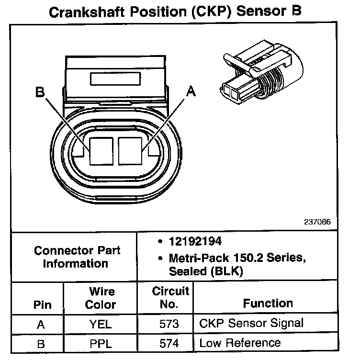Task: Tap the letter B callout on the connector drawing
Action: click(41, 92)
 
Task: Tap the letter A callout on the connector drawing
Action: click(191, 91)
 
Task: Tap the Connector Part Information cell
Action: click(77, 257)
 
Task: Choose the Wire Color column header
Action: click(101, 298)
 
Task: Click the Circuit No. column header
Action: click(170, 297)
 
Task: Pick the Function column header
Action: click(268, 303)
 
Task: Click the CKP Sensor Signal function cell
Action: click(251, 323)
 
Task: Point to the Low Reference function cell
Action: click(240, 343)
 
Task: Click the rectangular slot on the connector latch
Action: click(115, 79)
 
